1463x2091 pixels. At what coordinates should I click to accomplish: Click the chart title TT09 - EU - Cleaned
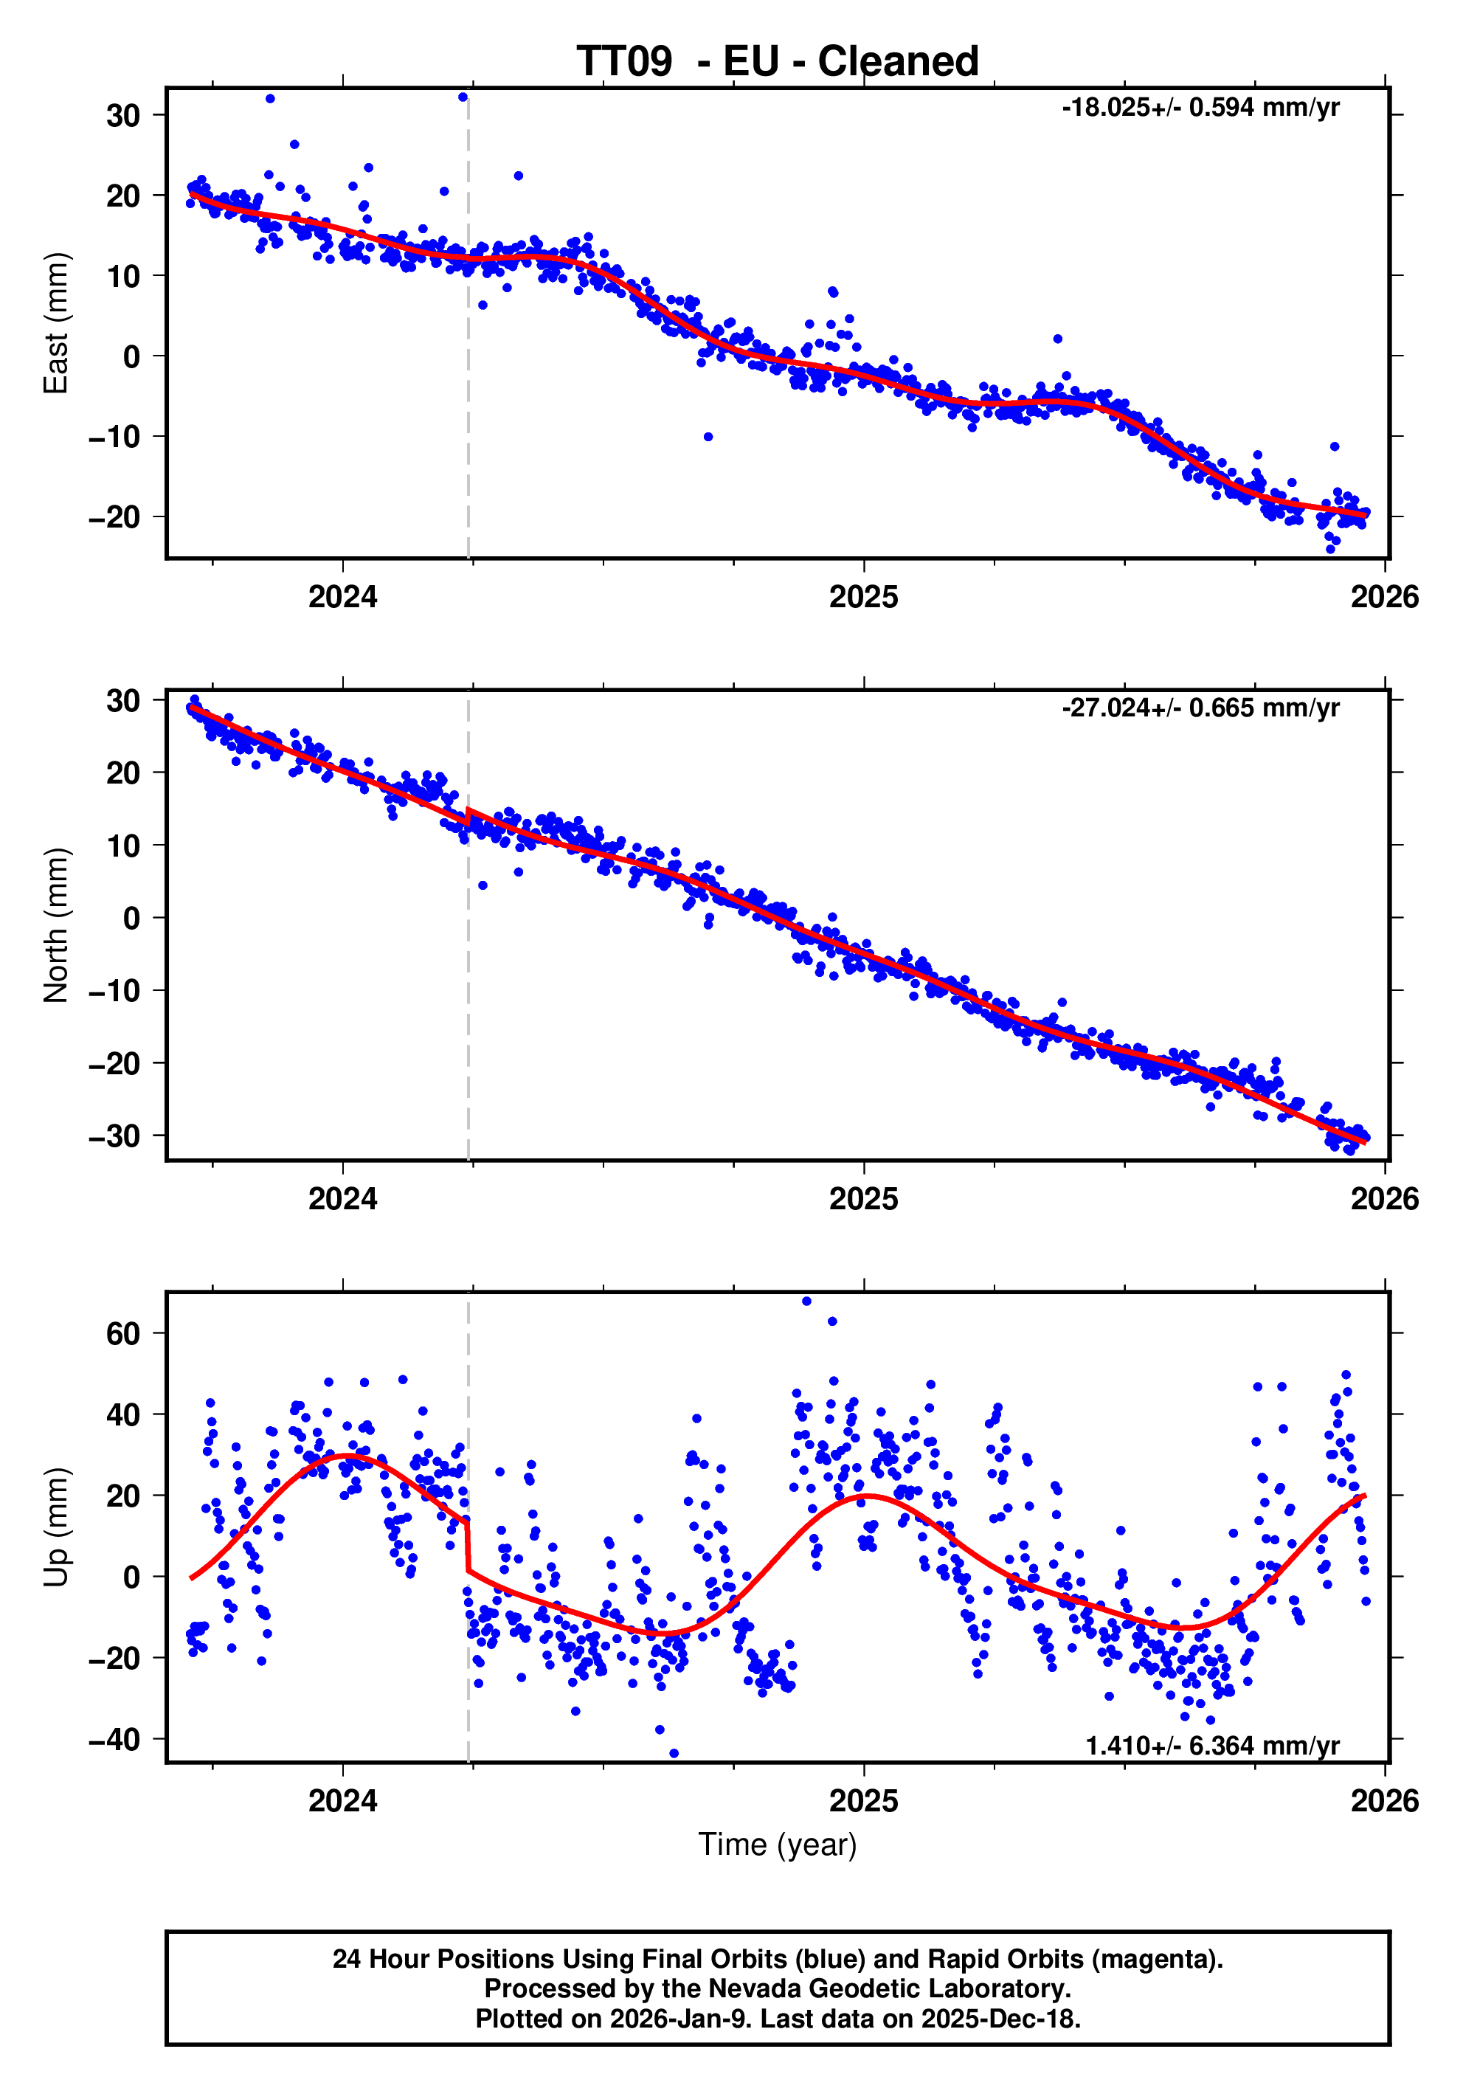pos(778,62)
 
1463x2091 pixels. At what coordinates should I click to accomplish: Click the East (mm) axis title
pos(57,323)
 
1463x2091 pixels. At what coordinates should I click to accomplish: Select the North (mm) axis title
pos(57,925)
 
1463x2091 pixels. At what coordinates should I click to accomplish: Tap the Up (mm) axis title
pos(57,1527)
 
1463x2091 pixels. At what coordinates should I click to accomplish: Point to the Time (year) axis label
pos(778,1844)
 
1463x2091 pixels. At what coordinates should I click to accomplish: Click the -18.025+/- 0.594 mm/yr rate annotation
pos(1200,108)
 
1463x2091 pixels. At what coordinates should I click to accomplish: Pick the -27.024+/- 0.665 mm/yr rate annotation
pos(1200,708)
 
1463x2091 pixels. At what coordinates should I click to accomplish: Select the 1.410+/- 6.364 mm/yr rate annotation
pos(1211,1745)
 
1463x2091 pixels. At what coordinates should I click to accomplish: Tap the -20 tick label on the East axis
pos(114,517)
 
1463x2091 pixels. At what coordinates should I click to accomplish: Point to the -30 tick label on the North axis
pos(114,1136)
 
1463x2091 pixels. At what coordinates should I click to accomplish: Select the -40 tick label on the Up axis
pos(114,1740)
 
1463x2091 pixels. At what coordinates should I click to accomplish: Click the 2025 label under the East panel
pos(863,598)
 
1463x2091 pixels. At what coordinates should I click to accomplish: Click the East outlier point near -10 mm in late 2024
pos(708,437)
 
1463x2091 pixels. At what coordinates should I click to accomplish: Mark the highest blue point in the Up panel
pos(806,1302)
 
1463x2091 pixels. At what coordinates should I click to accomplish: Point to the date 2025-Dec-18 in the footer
pos(1000,2019)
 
